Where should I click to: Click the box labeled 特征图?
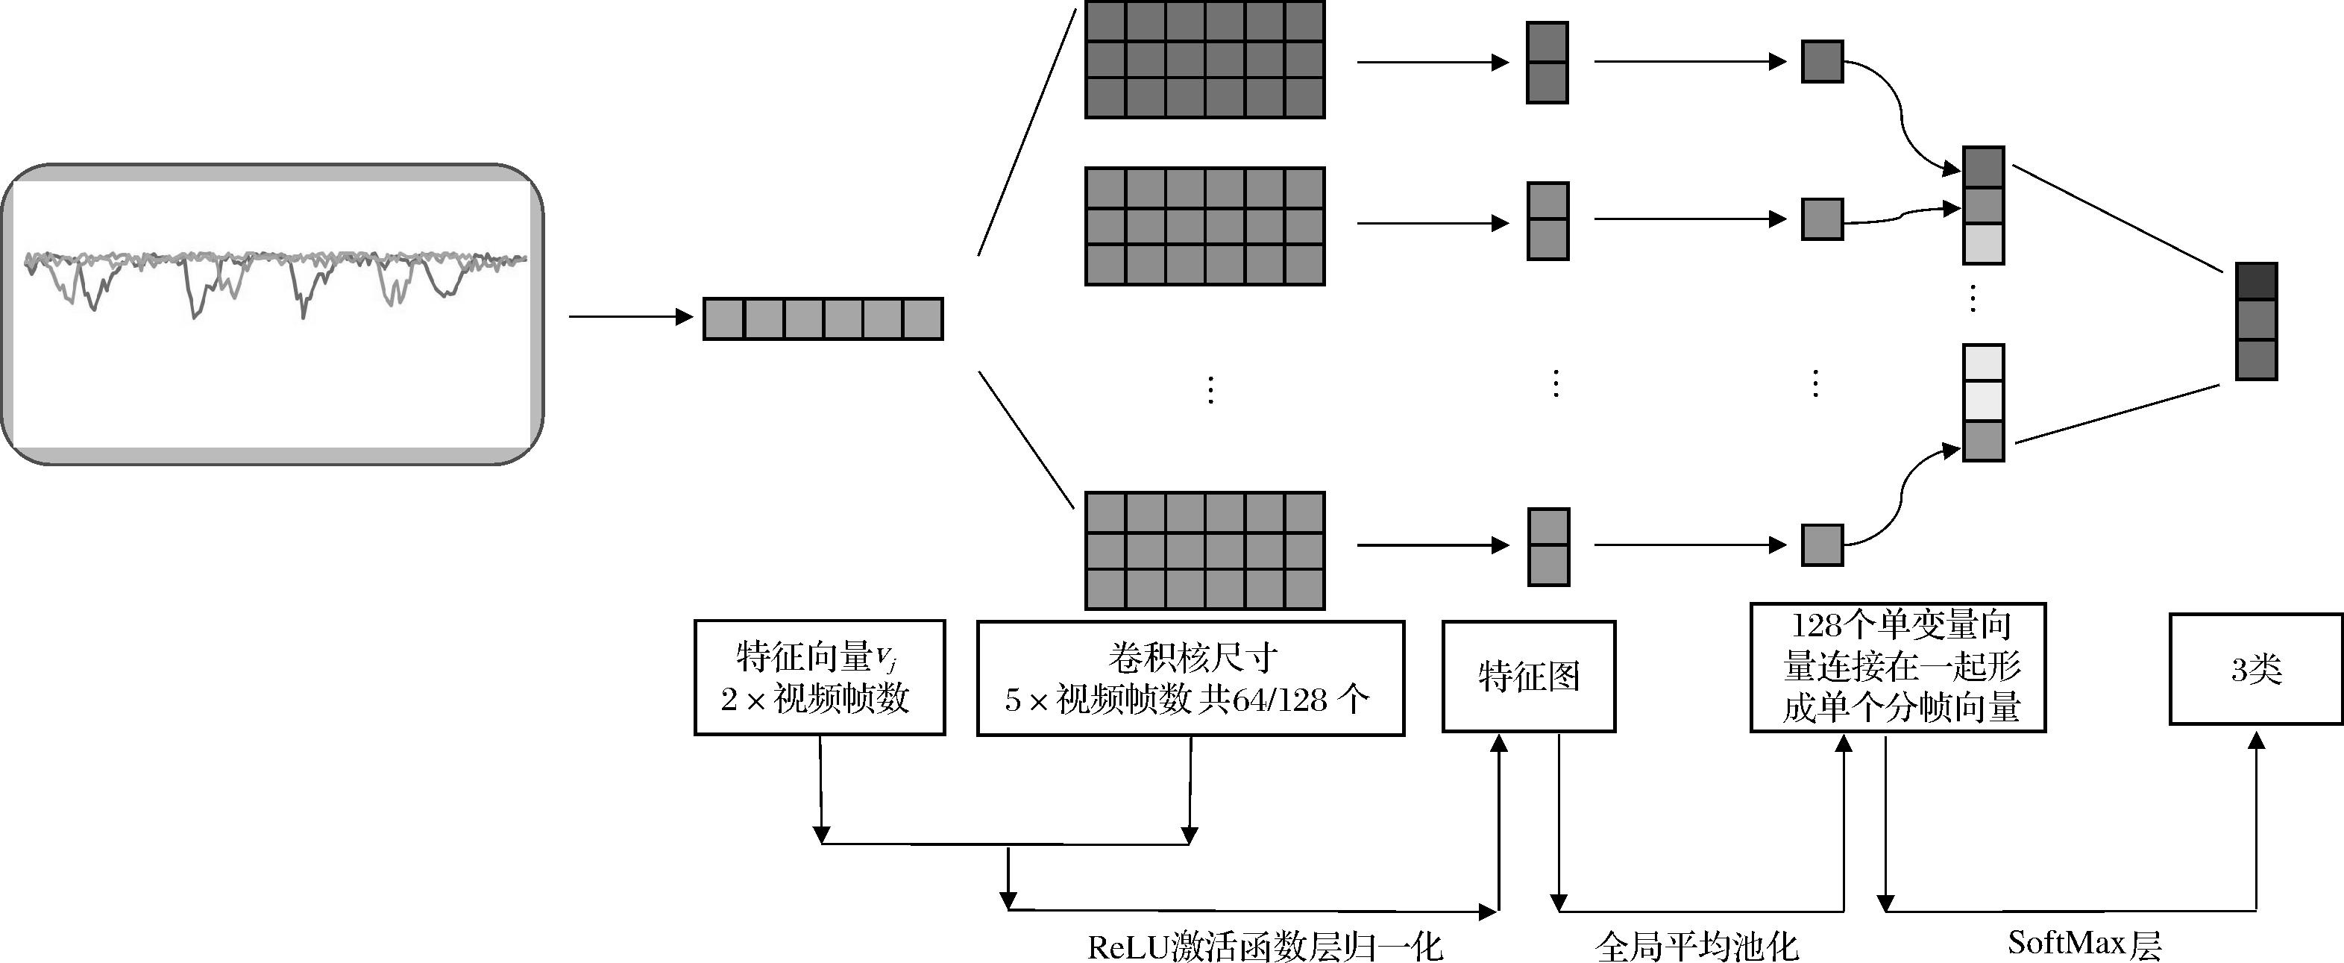click(1529, 677)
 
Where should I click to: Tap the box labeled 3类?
click(2256, 669)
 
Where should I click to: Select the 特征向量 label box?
click(819, 677)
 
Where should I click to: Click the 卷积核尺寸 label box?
click(1190, 678)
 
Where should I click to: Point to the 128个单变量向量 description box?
click(1898, 666)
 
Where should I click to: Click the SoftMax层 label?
click(2084, 943)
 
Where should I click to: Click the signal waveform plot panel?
click(272, 314)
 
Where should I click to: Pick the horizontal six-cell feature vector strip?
click(823, 319)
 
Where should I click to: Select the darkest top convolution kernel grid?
click(1204, 59)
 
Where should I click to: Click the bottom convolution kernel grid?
click(1204, 550)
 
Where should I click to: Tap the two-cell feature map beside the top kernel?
click(1547, 63)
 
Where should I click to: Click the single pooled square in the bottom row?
click(1822, 545)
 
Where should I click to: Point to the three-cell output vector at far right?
click(2257, 321)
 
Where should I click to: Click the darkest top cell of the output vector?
click(2257, 282)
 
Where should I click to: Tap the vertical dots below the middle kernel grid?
click(1210, 389)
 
